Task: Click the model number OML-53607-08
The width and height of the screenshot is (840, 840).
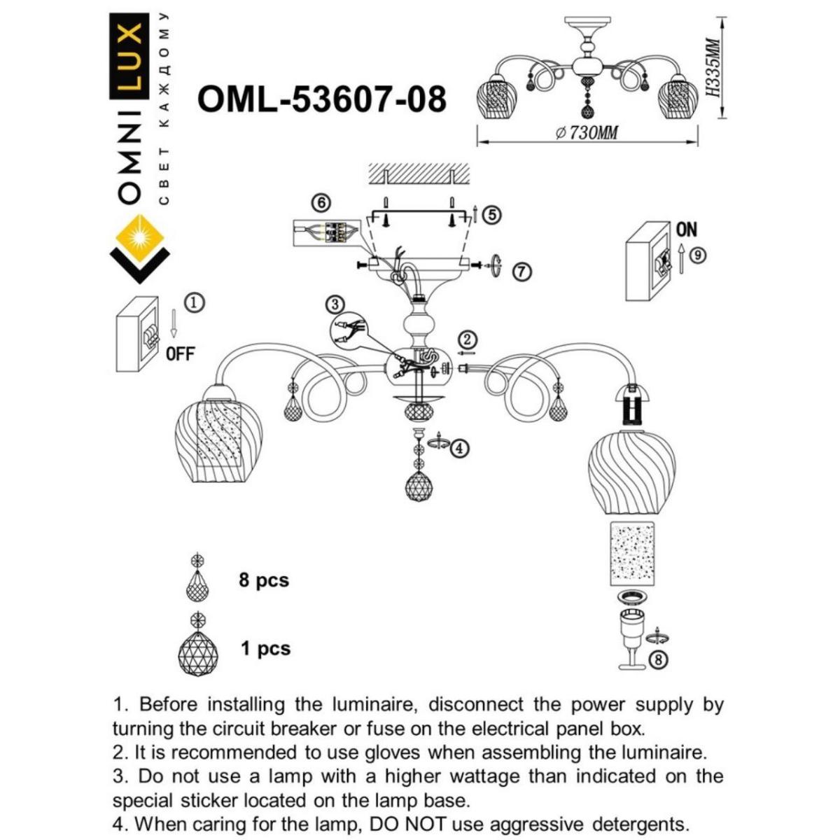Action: click(x=322, y=99)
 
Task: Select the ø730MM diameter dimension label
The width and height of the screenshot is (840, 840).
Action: click(x=587, y=133)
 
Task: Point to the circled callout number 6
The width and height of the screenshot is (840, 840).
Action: click(x=321, y=203)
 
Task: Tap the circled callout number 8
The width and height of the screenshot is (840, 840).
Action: click(x=658, y=658)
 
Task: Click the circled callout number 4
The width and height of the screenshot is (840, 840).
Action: click(x=458, y=448)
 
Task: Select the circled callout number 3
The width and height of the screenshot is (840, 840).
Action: click(x=336, y=304)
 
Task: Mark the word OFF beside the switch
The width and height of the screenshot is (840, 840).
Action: click(x=180, y=353)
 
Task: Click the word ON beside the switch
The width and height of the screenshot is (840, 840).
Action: click(x=686, y=230)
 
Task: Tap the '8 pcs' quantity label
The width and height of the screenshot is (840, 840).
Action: click(x=263, y=580)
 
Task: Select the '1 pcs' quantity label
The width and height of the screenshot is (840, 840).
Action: click(x=265, y=649)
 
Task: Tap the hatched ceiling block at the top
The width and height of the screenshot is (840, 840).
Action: click(x=418, y=172)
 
